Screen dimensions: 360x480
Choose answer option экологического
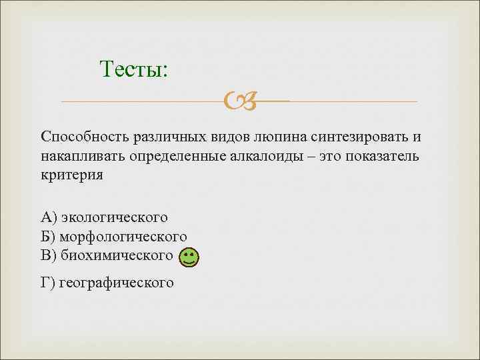click(114, 217)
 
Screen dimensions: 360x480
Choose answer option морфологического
click(123, 237)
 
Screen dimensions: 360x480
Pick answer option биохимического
click(117, 255)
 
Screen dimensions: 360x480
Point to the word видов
click(225, 137)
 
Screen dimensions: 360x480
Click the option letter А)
click(49, 217)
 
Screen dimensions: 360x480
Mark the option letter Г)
click(48, 283)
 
